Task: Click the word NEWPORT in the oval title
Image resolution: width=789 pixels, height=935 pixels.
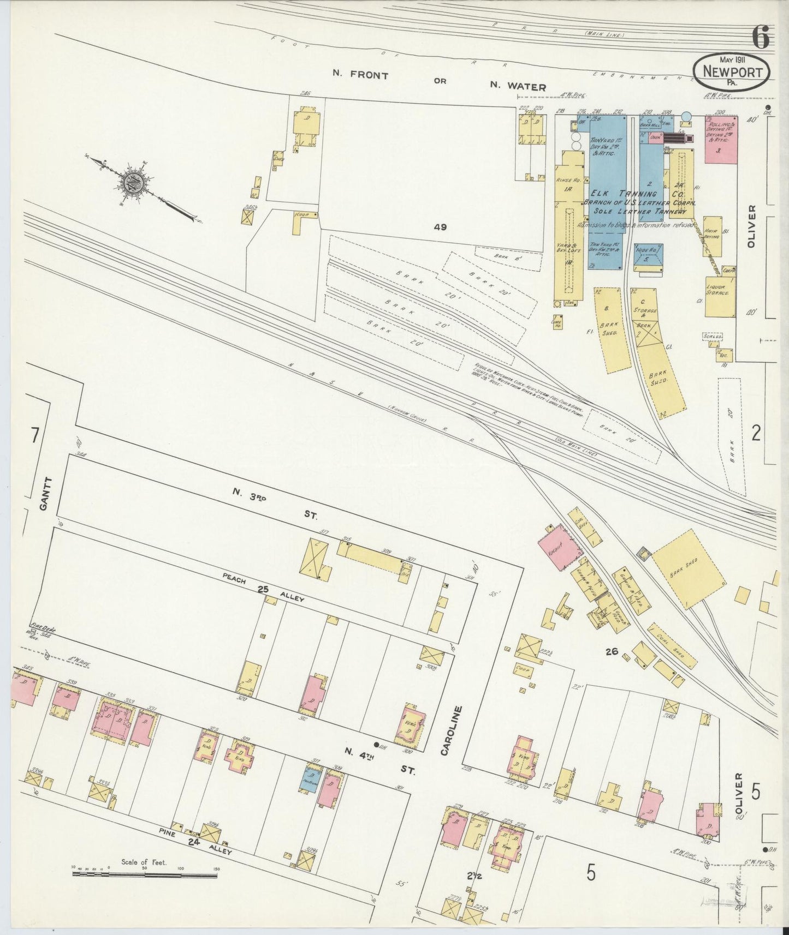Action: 732,70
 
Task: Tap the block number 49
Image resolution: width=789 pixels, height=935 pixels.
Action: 441,227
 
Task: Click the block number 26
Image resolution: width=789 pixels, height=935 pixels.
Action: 610,651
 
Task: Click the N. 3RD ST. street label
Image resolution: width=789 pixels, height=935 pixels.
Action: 273,503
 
